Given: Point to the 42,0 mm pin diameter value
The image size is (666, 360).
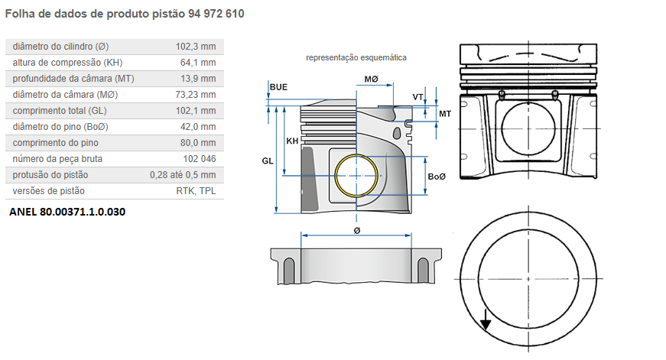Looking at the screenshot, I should click(198, 127).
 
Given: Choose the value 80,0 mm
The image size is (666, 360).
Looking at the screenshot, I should click(198, 143).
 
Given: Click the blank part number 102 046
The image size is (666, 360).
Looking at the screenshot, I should click(199, 159).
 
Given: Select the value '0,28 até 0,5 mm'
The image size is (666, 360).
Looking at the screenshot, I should click(182, 175).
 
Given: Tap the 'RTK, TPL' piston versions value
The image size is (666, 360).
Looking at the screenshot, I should click(196, 191).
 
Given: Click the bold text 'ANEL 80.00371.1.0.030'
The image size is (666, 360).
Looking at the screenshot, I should click(67, 211).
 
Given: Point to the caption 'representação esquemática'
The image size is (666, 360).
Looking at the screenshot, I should click(356, 57).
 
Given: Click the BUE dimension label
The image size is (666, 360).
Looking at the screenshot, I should click(278, 88).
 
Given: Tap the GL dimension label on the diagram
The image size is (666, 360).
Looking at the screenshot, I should click(268, 161).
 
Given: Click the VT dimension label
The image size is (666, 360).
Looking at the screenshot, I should click(417, 97).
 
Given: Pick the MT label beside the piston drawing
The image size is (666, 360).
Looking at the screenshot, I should click(444, 113).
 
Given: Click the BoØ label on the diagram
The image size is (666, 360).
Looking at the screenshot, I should click(437, 177).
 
